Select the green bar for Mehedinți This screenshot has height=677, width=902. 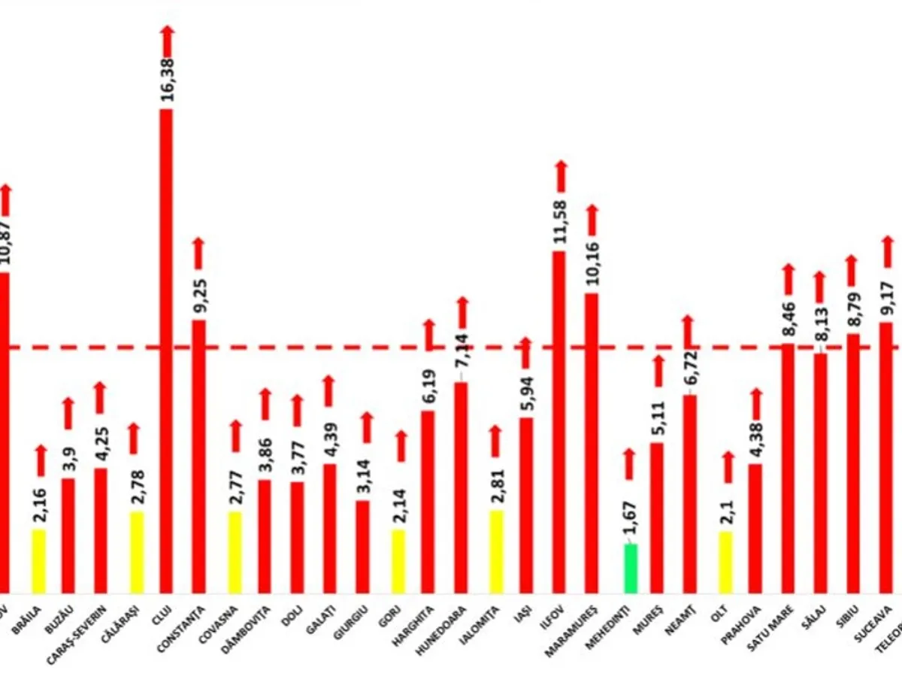point(631,568)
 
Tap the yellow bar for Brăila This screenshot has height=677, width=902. point(38,560)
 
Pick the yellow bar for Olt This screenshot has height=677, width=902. point(725,561)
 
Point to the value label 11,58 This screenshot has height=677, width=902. point(560,223)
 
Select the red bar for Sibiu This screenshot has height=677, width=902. point(853,463)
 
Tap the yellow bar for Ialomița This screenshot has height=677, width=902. point(496,551)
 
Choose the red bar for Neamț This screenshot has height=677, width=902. point(689,493)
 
